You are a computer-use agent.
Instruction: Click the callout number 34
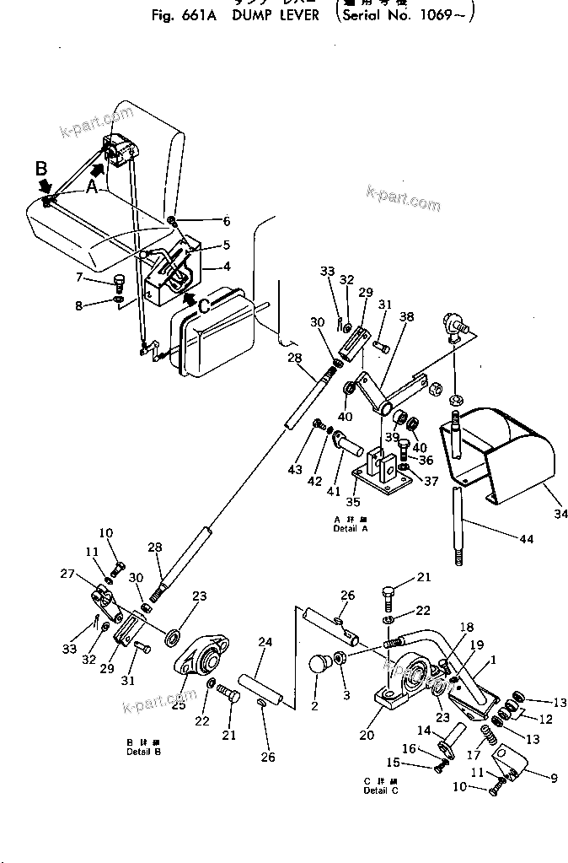coord(560,510)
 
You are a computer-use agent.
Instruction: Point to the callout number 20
coord(366,734)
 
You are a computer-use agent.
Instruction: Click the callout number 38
coord(406,319)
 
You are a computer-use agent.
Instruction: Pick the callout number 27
coord(90,574)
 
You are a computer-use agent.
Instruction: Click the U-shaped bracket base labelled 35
coord(381,473)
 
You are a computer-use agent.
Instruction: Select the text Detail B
coord(138,750)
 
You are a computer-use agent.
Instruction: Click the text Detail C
coord(382,790)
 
